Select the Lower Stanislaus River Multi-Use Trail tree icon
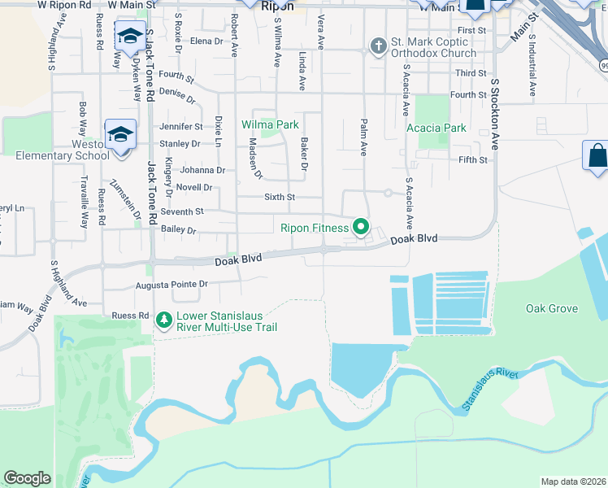pyautogui.click(x=164, y=320)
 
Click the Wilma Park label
pyautogui.click(x=270, y=125)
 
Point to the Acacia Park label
pyautogui.click(x=436, y=128)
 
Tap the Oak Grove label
pyautogui.click(x=551, y=309)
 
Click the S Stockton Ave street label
pyautogui.click(x=493, y=114)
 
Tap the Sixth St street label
pyautogui.click(x=280, y=197)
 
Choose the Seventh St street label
pyautogui.click(x=182, y=211)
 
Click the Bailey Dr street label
pyautogui.click(x=179, y=231)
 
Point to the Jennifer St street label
pyautogui.click(x=180, y=127)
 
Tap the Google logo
pyautogui.click(x=27, y=478)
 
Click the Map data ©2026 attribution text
pyautogui.click(x=573, y=481)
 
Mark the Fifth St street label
pyautogui.click(x=473, y=160)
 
